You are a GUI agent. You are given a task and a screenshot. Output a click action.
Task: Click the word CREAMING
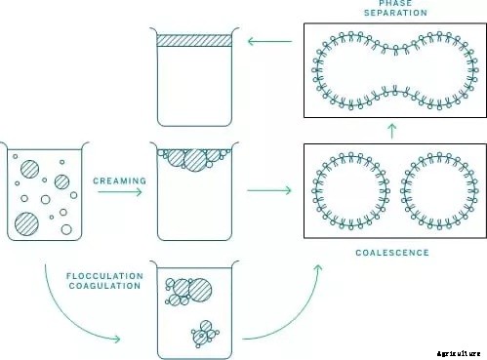click(119, 180)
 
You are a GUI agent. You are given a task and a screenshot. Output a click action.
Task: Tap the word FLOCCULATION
click(104, 276)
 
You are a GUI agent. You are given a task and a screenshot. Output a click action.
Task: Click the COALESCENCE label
click(390, 253)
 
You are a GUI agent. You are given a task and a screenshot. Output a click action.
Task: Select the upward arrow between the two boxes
click(390, 129)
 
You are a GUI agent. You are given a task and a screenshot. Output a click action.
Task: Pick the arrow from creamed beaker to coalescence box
click(269, 189)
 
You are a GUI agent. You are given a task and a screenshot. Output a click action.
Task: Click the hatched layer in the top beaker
click(194, 41)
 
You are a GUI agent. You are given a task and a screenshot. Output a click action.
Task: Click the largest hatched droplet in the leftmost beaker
click(27, 223)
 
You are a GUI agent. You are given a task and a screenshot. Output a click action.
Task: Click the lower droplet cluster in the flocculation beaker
click(204, 334)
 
